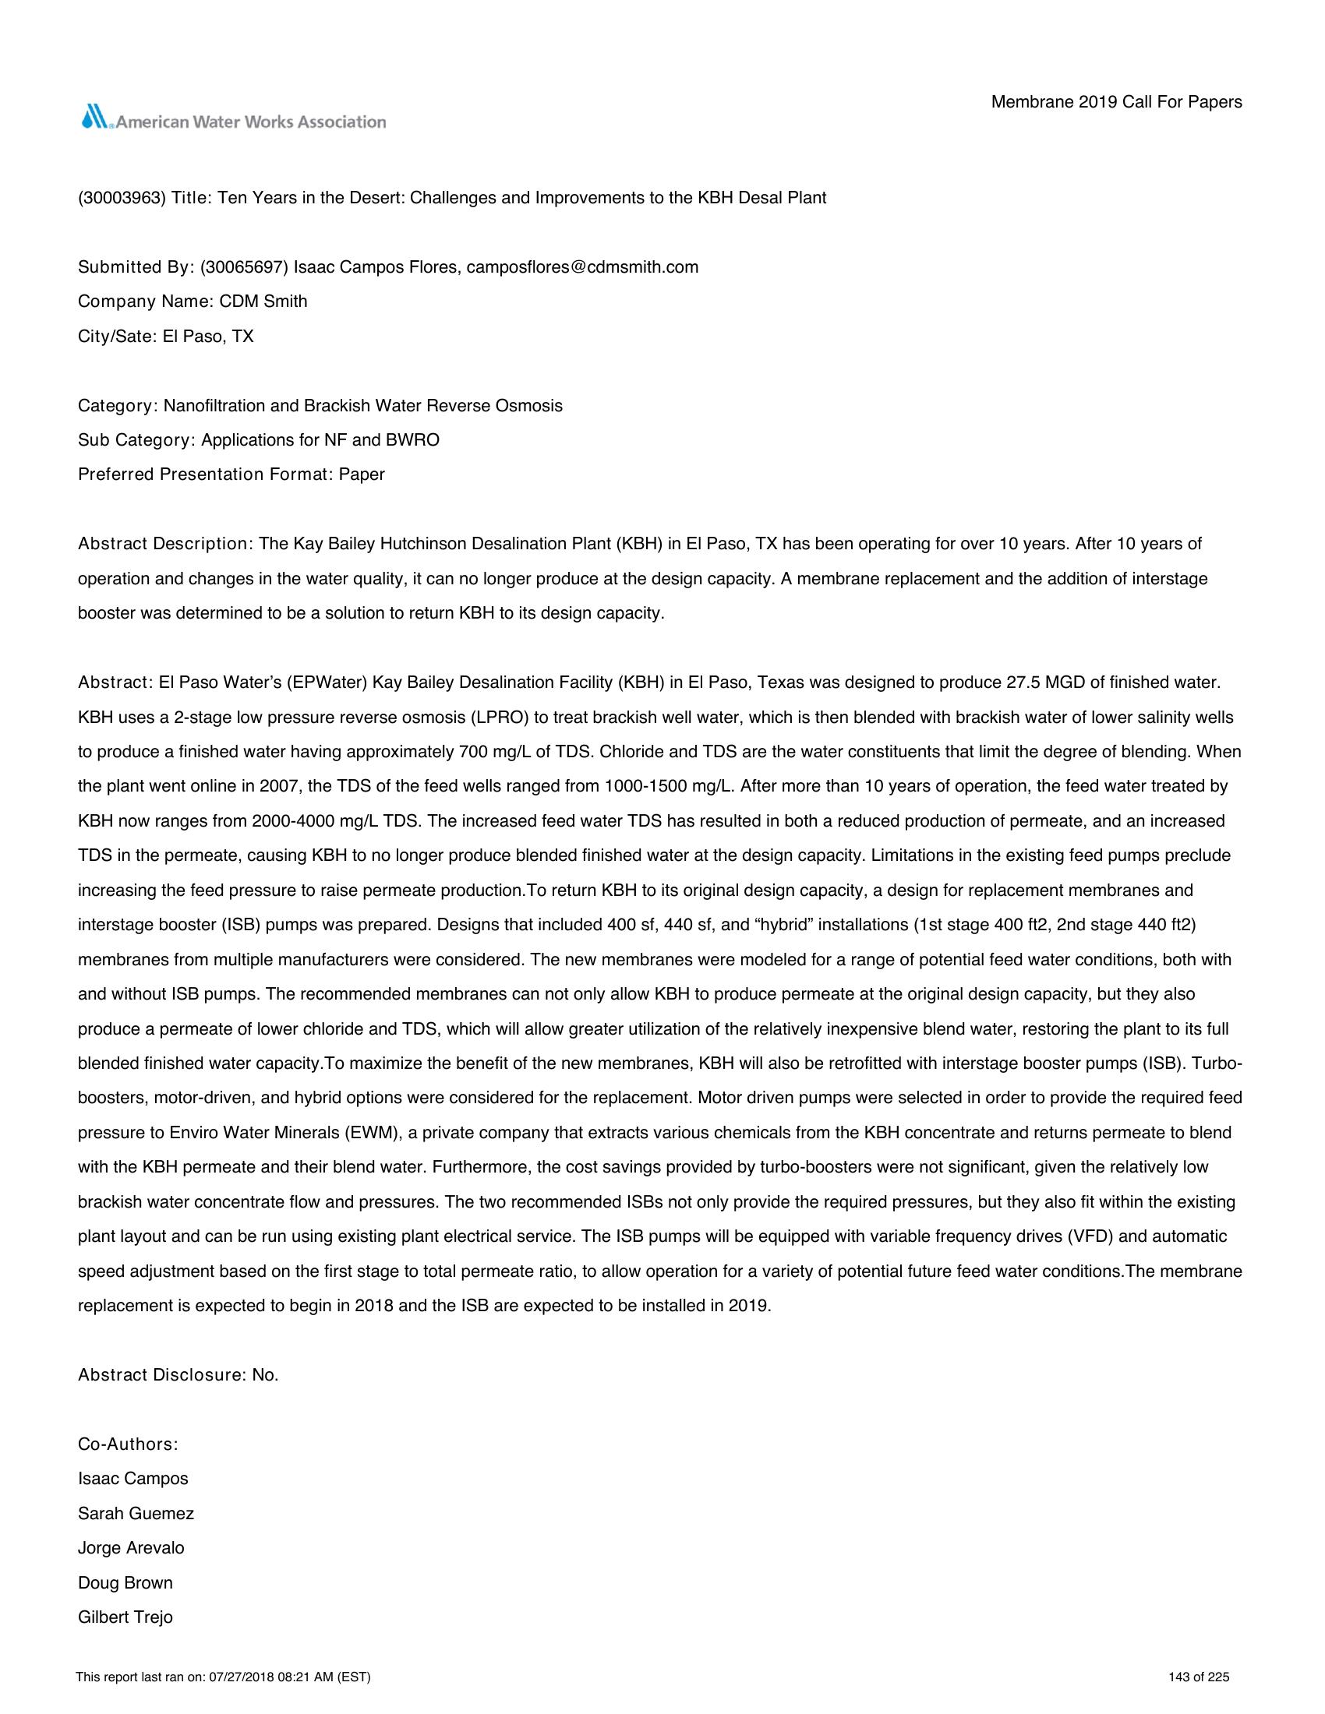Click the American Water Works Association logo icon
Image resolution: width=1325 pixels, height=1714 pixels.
point(97,118)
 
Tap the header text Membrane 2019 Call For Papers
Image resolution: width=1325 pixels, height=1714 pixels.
point(1116,102)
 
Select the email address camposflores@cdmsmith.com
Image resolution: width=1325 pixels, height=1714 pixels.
point(581,267)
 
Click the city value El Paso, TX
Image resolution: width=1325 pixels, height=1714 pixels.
point(208,337)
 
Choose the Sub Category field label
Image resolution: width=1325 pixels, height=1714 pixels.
point(135,440)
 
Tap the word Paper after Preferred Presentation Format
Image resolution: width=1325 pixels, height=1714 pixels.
point(362,474)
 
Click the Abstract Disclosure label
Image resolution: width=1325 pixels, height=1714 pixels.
point(162,1375)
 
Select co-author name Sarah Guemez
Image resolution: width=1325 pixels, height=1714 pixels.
point(136,1514)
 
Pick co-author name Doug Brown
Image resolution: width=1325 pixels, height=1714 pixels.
point(125,1583)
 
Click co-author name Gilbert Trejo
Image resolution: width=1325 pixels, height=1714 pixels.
point(125,1617)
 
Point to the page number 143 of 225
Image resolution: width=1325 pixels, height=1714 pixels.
point(1199,1678)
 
